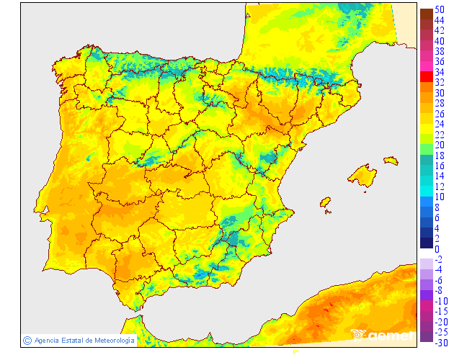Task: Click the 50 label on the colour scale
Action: [440, 9]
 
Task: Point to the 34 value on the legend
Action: [440, 72]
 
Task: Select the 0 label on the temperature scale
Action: [437, 249]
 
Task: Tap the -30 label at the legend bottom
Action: [440, 343]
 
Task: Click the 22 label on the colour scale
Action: [440, 135]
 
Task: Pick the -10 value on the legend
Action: [440, 301]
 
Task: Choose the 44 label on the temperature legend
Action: [440, 20]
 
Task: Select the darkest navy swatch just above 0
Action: [426, 243]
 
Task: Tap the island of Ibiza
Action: [325, 202]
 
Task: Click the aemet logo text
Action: [389, 335]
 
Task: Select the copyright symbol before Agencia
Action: [27, 340]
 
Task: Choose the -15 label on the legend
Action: [440, 312]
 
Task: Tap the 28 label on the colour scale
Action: [440, 104]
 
